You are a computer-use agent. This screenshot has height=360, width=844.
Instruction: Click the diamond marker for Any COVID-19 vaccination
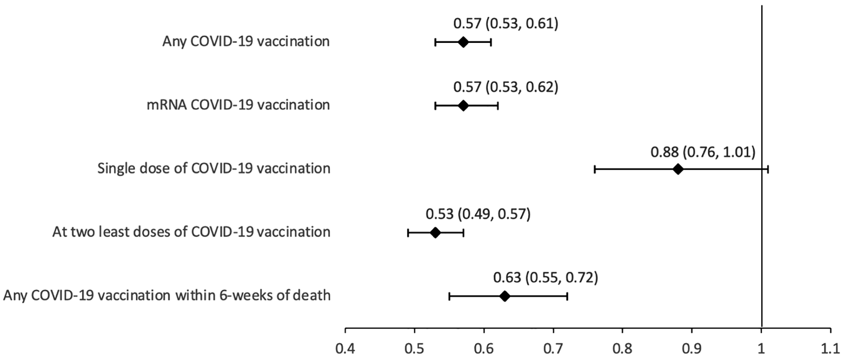[x=463, y=42]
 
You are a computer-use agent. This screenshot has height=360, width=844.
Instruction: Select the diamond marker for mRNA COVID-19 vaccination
[x=463, y=106]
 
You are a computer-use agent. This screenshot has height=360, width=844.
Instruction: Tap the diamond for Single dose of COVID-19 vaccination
[x=678, y=169]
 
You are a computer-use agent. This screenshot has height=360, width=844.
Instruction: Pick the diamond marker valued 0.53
[x=435, y=233]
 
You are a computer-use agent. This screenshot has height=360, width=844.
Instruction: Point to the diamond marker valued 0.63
[x=505, y=296]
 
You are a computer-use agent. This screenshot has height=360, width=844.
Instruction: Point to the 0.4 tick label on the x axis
[x=345, y=348]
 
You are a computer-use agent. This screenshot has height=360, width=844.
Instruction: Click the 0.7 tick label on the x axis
[x=553, y=348]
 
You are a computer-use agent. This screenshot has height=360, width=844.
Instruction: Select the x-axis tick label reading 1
[x=762, y=348]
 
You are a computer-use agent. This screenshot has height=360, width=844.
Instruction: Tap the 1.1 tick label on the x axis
[x=830, y=348]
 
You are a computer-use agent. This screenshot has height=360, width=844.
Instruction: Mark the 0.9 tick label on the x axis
[x=692, y=348]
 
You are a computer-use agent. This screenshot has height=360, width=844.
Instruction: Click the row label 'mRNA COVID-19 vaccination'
[x=238, y=105]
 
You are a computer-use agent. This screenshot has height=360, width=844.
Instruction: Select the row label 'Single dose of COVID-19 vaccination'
[x=214, y=168]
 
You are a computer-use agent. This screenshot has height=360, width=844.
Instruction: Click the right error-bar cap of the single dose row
[x=768, y=169]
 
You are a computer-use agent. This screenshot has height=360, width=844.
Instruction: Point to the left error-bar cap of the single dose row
[x=594, y=169]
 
